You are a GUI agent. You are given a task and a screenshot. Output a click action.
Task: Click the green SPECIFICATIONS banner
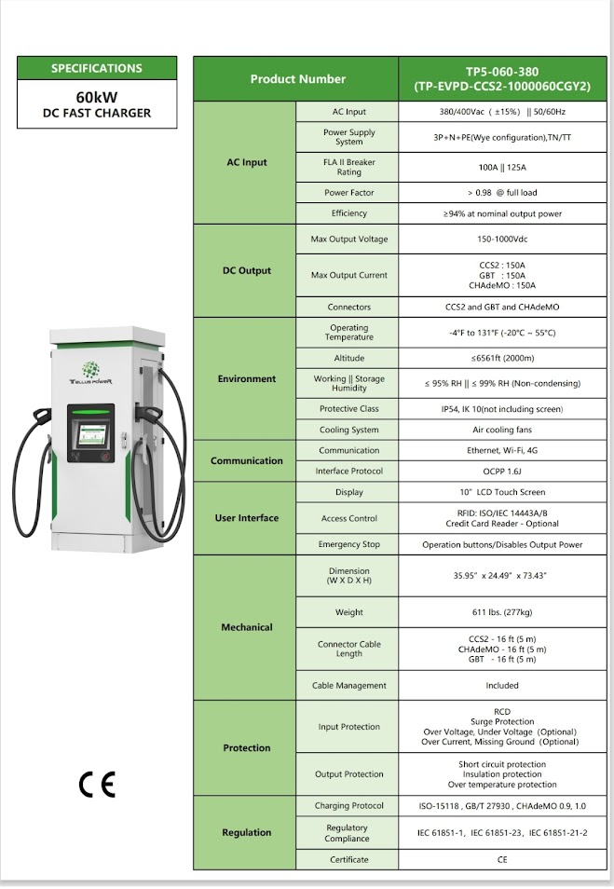[x=97, y=68]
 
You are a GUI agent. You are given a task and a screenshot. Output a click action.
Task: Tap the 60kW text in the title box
[x=97, y=96]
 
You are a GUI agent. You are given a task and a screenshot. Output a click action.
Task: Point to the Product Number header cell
[x=297, y=79]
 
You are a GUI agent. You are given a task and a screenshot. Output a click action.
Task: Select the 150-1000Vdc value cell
[x=502, y=239]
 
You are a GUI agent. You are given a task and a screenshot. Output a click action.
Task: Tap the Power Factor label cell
[x=348, y=193]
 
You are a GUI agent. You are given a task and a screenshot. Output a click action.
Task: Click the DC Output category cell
[x=246, y=271]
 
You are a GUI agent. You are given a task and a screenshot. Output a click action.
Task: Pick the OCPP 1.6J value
[x=502, y=472]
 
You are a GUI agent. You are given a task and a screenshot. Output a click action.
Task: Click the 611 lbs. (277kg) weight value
[x=502, y=612]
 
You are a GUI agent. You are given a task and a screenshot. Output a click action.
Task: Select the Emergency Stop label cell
[x=348, y=545]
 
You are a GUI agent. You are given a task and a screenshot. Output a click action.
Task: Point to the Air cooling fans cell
[x=502, y=431]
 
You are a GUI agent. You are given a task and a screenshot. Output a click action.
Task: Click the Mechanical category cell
[x=246, y=628]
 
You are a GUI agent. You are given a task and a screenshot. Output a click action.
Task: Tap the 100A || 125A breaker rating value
[x=502, y=168]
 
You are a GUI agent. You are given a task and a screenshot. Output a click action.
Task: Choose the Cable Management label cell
[x=348, y=686]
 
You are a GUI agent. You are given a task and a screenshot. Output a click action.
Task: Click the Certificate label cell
[x=348, y=860]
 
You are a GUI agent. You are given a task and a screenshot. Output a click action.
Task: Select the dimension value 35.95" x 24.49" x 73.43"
[x=502, y=576]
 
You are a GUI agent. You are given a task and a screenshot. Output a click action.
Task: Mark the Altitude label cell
[x=348, y=358]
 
